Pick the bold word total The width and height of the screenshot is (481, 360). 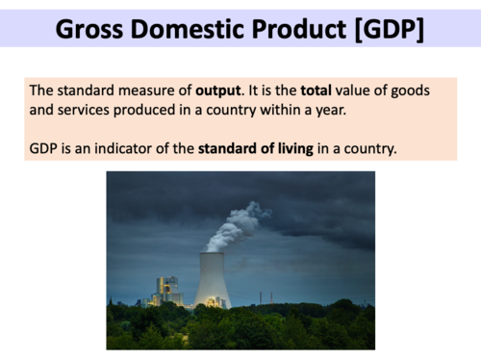tap(316, 90)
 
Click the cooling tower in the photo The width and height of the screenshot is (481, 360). tap(212, 280)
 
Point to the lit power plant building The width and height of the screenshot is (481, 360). tap(169, 290)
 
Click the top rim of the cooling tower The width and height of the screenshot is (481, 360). tap(212, 253)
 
